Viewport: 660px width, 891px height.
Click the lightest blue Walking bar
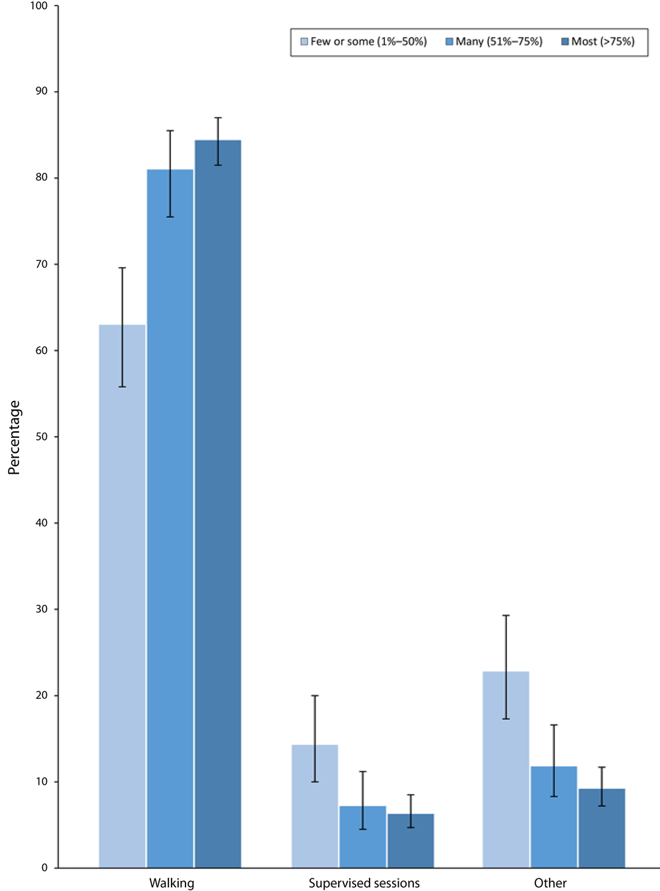[x=122, y=594]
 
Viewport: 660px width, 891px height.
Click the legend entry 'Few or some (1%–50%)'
[x=364, y=42]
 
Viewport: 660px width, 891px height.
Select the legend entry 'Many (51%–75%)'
[x=494, y=42]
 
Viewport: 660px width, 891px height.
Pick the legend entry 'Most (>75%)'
[x=598, y=42]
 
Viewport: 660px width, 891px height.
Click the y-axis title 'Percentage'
[x=15, y=437]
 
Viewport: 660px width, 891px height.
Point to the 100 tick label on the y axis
[x=39, y=6]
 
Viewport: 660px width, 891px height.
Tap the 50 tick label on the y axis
[x=42, y=437]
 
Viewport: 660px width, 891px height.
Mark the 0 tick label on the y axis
[x=44, y=868]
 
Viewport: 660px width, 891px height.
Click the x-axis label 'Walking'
[x=172, y=883]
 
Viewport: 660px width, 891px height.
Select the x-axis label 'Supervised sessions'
[x=364, y=883]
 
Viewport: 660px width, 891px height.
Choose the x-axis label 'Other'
[x=550, y=883]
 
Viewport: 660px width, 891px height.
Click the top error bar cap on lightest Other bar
[x=506, y=616]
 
